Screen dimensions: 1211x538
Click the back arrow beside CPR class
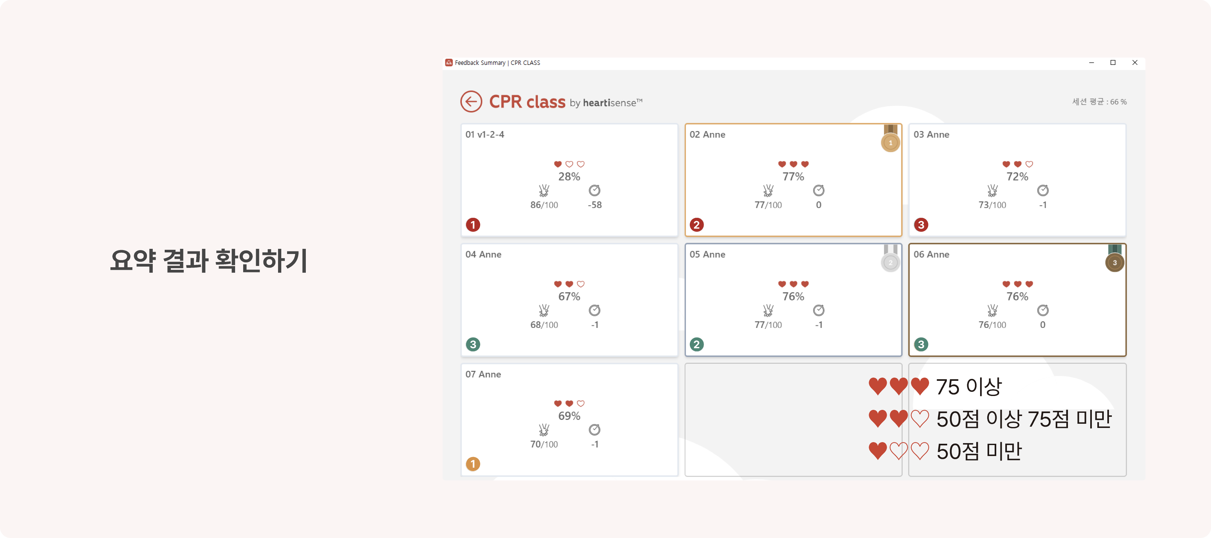471,101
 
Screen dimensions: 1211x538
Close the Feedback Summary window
1135,63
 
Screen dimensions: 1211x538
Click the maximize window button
1113,63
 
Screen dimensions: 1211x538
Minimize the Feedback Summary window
1091,63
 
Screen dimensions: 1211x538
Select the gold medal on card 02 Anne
890,138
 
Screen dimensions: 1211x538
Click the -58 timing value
595,205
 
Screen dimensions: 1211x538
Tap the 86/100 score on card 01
544,205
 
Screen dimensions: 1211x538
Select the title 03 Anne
931,134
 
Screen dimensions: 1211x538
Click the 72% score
1017,177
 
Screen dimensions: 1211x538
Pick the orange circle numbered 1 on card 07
473,464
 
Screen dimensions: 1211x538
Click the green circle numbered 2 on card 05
697,344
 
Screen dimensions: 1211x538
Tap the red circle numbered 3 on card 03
921,225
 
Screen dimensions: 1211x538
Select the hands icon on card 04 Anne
544,310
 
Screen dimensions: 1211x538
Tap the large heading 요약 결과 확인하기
209,260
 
